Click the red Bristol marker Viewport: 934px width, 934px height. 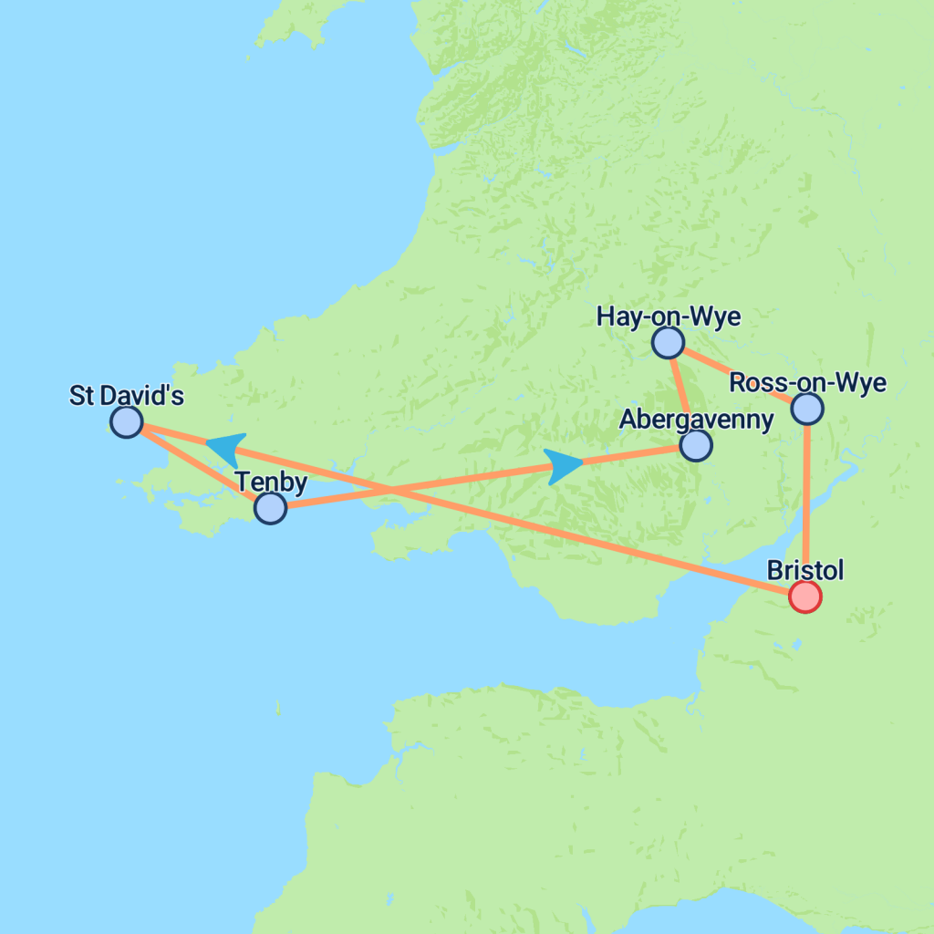tap(805, 597)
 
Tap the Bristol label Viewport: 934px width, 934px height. tap(805, 571)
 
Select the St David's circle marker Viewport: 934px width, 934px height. tap(126, 421)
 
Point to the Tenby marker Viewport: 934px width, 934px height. tap(270, 508)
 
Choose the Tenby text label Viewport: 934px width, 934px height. tap(271, 482)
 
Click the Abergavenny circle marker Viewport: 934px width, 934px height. tap(696, 445)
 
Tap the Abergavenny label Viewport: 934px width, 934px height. tap(696, 420)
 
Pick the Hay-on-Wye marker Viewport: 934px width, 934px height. tap(668, 342)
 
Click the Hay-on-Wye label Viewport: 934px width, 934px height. tap(668, 317)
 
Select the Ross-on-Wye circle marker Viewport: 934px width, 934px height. tap(807, 409)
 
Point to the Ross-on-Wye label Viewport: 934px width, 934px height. tap(808, 383)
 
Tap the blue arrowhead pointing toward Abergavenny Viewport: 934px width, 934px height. tap(564, 465)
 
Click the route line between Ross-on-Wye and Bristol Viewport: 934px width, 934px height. tap(807, 502)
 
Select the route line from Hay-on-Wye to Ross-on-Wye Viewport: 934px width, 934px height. tap(737, 375)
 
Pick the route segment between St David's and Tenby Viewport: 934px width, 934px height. tap(198, 465)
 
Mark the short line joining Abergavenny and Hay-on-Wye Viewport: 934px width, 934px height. tap(681, 393)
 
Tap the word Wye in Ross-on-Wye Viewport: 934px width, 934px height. tap(864, 383)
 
